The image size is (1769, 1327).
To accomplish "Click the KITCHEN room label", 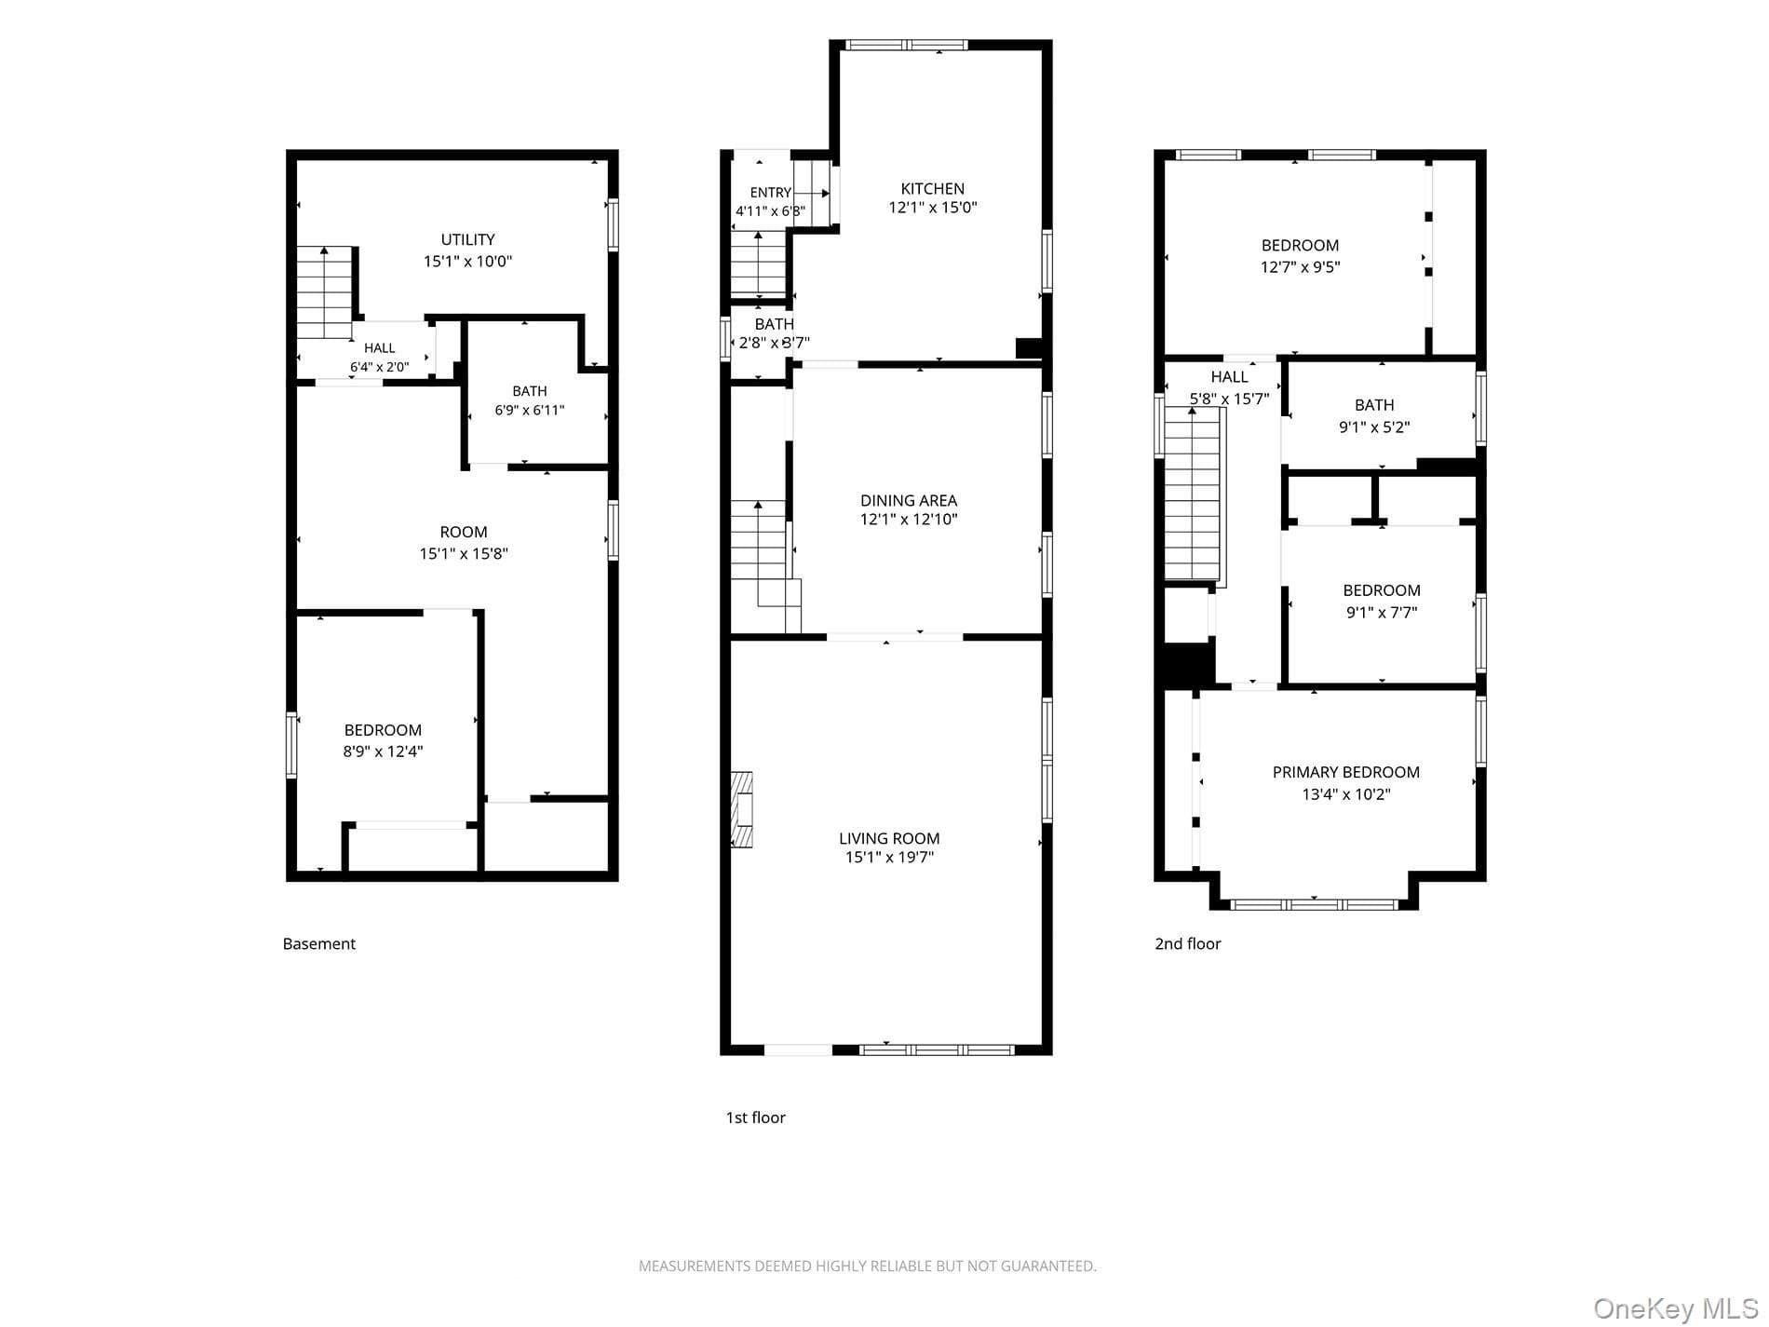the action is [x=932, y=189].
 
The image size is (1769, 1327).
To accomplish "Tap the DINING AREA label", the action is [x=908, y=501].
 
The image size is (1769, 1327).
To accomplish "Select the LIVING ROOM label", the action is [x=889, y=838].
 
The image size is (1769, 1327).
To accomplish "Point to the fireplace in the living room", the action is [x=741, y=808].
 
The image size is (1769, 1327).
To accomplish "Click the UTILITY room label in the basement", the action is [x=467, y=240].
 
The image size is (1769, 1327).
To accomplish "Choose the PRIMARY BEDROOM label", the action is [x=1345, y=772].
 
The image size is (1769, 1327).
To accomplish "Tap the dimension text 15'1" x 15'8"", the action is [x=464, y=554].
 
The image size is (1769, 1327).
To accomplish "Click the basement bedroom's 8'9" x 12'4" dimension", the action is [x=383, y=752].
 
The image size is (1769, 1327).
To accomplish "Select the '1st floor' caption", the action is [x=755, y=1117].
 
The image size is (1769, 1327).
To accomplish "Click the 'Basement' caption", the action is [x=319, y=943].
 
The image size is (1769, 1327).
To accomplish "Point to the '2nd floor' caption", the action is [x=1187, y=943].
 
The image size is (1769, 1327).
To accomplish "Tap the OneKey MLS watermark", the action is [x=1675, y=1308].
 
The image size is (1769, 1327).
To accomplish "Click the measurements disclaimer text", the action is [x=867, y=1266].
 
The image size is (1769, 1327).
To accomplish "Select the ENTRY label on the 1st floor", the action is [x=771, y=193].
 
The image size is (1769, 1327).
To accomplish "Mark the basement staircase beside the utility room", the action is [x=325, y=293].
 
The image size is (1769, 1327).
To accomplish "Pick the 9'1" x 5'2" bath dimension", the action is [x=1374, y=428].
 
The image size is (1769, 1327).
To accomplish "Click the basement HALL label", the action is [x=379, y=348].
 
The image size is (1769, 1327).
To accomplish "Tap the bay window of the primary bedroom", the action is [x=1314, y=904].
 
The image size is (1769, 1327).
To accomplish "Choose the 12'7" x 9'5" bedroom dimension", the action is [x=1300, y=267].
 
